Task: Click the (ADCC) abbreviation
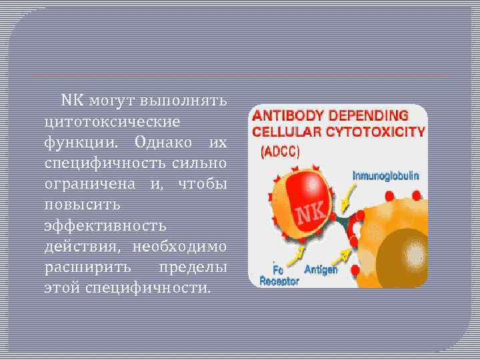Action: pos(279,151)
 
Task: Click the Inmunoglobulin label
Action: pos(385,176)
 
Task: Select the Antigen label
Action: pos(321,270)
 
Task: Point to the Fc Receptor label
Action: pos(279,276)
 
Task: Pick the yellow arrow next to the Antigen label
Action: pos(343,255)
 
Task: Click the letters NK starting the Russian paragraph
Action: pos(71,101)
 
